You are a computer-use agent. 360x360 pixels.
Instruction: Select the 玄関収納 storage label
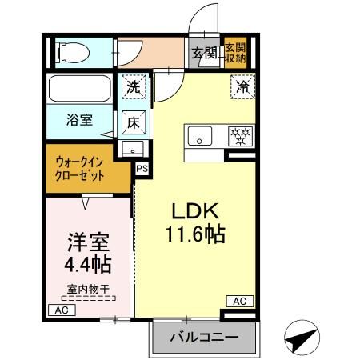coord(234,53)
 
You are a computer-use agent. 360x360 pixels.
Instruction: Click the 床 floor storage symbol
coord(134,122)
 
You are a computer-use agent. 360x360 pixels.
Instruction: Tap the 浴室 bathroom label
coord(78,120)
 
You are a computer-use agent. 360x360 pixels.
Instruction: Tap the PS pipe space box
coord(142,168)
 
